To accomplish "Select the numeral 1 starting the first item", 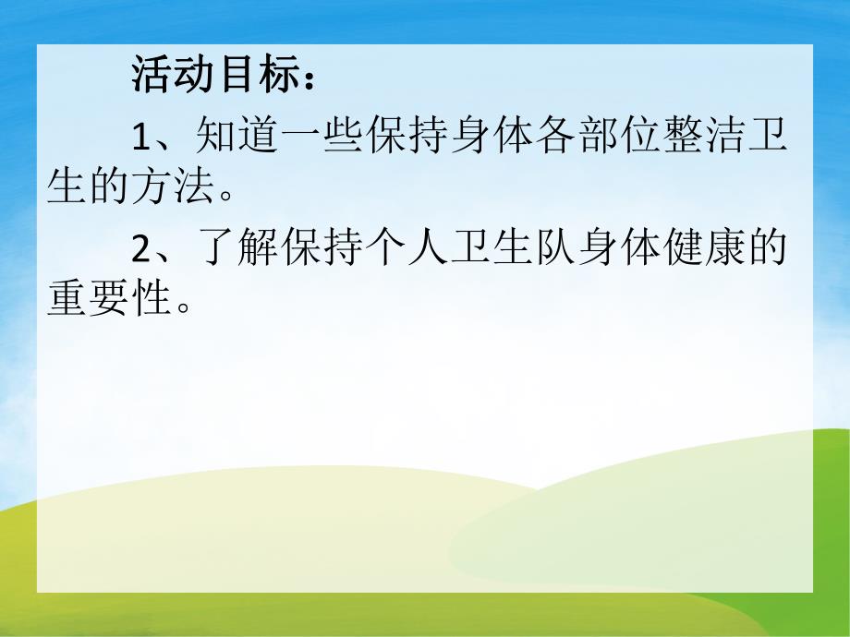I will [x=140, y=138].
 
